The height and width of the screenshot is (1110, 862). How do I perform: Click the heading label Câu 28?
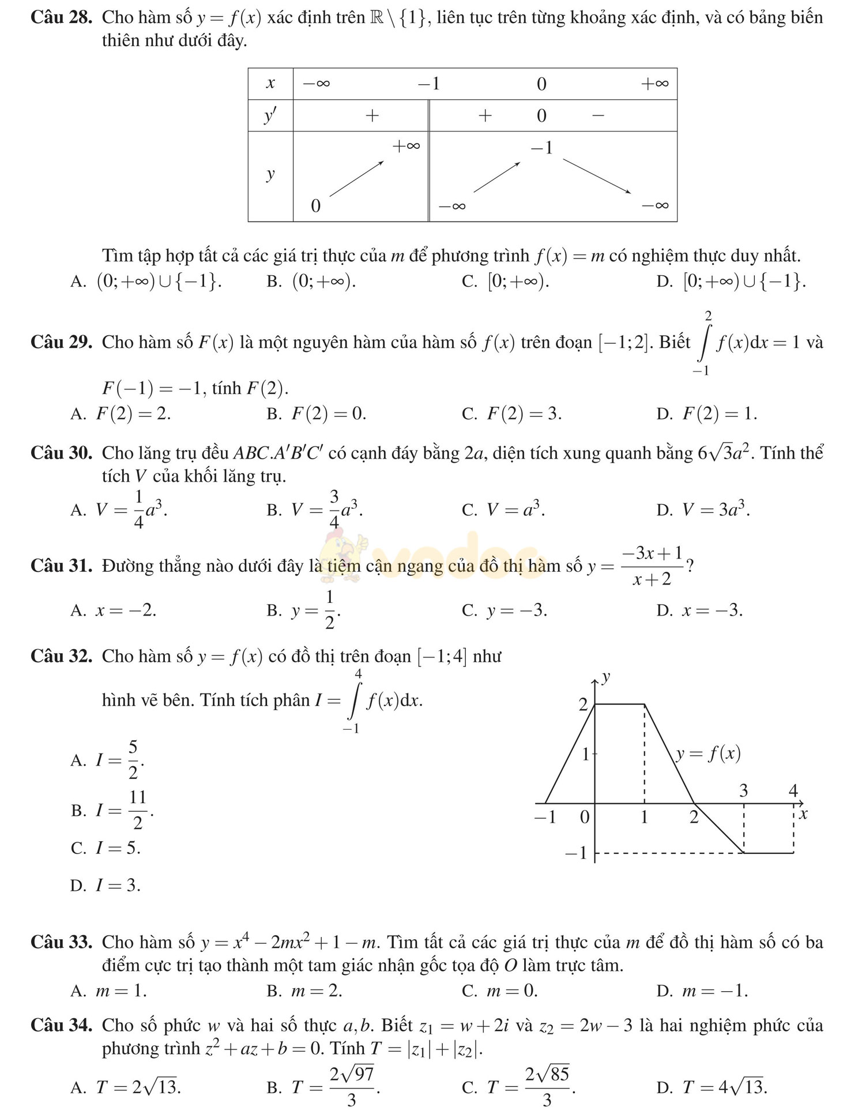(61, 17)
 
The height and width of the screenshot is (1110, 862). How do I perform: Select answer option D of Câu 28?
(731, 281)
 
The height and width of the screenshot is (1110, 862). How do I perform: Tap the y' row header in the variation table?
(270, 116)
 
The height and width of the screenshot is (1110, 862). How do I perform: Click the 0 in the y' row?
(541, 116)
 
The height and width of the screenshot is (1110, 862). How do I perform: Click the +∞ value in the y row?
(406, 146)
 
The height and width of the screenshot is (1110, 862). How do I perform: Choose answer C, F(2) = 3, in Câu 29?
(511, 414)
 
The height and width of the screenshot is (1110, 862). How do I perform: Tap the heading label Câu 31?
(61, 565)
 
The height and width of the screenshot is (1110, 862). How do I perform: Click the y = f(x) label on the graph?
(707, 753)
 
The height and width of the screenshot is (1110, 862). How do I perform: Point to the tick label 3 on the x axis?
(743, 790)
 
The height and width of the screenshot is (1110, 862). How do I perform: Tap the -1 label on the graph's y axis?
(575, 853)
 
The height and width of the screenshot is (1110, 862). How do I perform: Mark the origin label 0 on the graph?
(585, 817)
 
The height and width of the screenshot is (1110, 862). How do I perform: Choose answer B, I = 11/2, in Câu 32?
(112, 810)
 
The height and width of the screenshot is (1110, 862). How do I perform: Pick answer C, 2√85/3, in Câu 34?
(519, 1086)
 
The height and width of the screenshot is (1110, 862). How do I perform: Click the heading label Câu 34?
(61, 1025)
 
